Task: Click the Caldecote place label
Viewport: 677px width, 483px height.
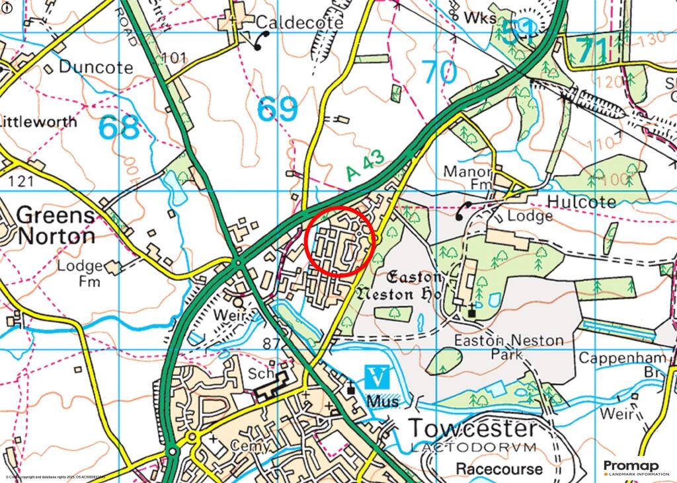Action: (299, 22)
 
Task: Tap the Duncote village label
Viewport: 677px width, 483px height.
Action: (95, 67)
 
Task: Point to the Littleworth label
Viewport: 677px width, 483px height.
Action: (38, 122)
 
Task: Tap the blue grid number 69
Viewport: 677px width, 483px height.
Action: (278, 109)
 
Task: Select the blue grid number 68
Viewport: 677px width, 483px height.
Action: (120, 128)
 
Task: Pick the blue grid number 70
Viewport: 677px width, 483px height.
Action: (439, 72)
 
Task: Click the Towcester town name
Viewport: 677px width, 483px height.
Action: (473, 428)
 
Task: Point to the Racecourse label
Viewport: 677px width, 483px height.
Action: (499, 469)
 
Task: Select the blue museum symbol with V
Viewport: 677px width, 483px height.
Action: (377, 378)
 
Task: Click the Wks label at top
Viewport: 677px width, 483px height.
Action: (480, 18)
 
